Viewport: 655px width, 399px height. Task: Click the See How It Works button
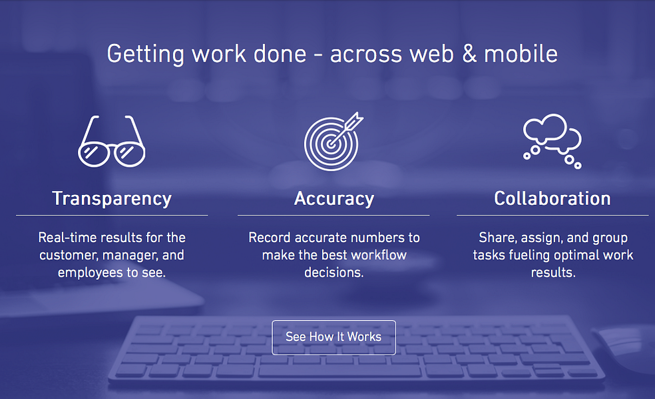pos(333,337)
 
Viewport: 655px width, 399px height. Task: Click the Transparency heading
pos(112,198)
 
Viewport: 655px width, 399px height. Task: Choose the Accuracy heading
pos(333,198)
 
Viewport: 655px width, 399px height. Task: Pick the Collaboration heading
pos(552,198)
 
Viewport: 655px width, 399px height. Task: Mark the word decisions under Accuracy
pos(333,272)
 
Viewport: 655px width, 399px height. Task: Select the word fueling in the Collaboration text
pos(533,255)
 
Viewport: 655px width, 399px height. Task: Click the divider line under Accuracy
pos(333,215)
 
